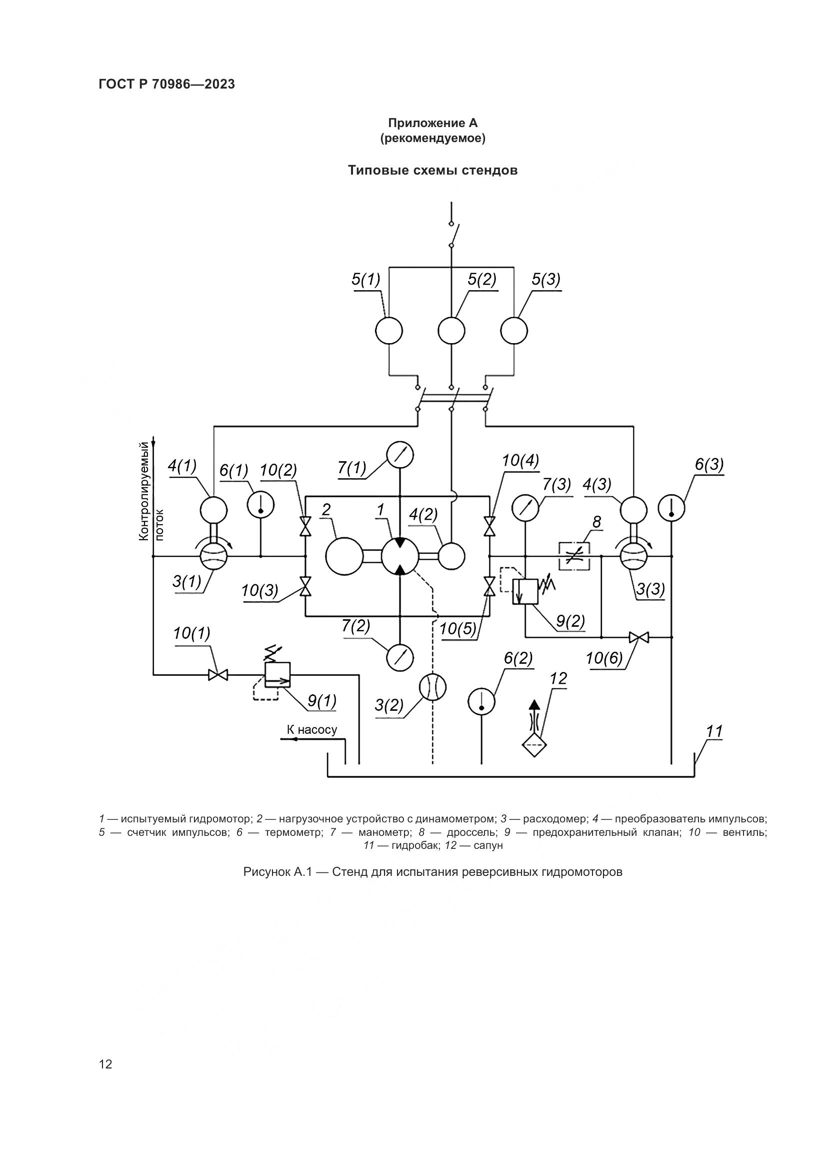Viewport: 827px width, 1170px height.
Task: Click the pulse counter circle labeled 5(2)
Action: point(451,331)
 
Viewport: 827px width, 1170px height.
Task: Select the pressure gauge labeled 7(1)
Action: point(400,455)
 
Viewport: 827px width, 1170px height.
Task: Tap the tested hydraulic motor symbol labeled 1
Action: point(400,556)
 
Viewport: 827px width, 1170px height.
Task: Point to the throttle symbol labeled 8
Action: point(574,556)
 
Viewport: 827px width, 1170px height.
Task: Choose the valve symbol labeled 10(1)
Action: point(218,675)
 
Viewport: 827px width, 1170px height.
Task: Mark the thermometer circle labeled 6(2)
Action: point(481,701)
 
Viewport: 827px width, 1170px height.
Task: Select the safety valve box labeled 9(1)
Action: point(277,674)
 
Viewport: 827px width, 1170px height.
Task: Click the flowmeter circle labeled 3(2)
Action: point(432,687)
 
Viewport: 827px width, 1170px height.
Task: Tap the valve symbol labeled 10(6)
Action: point(638,637)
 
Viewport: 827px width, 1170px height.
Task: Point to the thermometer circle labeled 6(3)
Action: point(671,508)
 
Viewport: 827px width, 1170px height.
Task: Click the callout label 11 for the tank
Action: point(714,732)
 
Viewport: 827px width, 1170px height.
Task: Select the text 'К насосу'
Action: point(311,730)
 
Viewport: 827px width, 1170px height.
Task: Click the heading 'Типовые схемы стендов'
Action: point(432,170)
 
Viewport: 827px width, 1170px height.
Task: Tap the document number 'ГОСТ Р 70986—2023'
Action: point(167,85)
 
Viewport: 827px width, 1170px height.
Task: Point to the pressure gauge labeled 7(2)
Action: point(400,657)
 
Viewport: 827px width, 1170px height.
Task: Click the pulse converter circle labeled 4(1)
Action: point(213,509)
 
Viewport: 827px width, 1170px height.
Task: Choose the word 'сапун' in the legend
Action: point(488,845)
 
